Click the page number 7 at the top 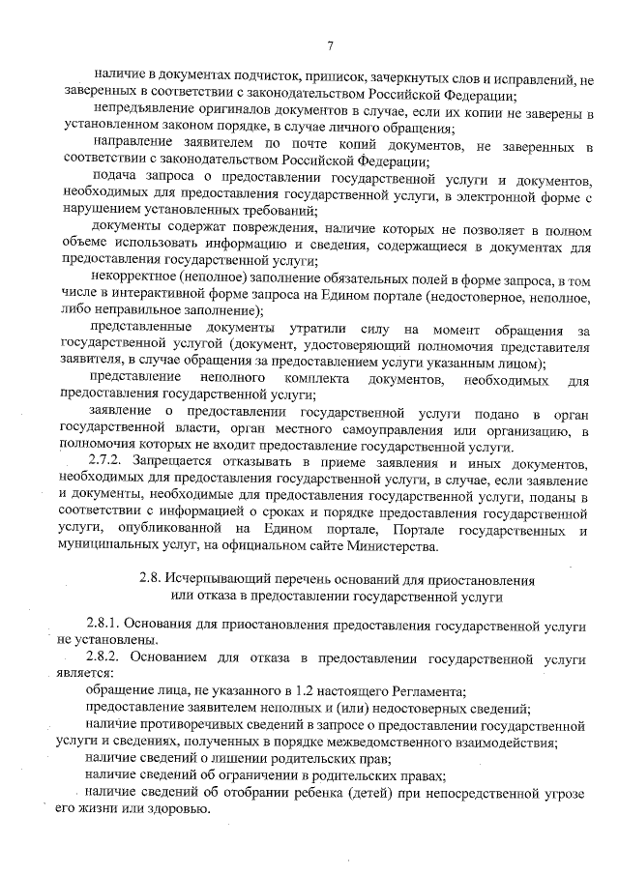[330, 45]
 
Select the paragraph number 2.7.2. [104, 460]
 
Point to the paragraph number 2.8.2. [104, 658]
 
